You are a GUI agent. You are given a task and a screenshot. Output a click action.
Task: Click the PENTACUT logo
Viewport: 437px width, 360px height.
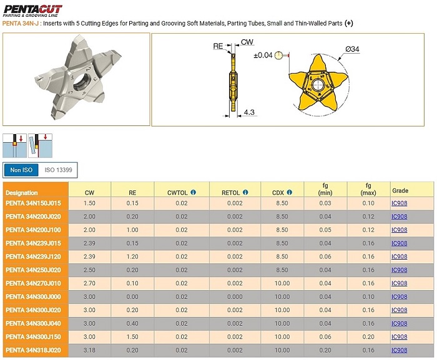(x=32, y=11)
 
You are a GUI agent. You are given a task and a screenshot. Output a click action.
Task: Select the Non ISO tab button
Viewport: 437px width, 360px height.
(x=21, y=170)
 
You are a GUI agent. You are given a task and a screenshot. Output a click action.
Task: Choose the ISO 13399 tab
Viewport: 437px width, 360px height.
(x=58, y=170)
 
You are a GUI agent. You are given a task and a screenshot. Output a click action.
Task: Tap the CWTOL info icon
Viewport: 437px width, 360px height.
(x=194, y=192)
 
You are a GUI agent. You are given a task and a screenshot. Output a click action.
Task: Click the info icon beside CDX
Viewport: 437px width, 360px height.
(x=290, y=192)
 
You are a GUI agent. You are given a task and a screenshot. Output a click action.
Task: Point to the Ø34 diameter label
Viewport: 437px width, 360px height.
(x=352, y=49)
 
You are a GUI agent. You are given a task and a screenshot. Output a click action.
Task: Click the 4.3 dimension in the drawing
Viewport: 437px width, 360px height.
(x=249, y=112)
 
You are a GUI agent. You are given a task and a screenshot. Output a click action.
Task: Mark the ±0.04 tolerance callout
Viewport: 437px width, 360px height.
(x=263, y=55)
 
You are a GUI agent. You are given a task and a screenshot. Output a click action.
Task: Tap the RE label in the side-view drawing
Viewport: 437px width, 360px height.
(x=218, y=46)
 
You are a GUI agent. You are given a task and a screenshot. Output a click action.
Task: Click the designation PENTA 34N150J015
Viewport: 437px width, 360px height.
(x=33, y=203)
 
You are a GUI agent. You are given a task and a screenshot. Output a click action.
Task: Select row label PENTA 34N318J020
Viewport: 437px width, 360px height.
(x=33, y=350)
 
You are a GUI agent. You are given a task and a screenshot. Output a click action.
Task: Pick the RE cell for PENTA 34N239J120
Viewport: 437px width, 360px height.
(x=132, y=256)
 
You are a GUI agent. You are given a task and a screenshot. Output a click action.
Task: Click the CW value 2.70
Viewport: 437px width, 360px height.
(x=89, y=283)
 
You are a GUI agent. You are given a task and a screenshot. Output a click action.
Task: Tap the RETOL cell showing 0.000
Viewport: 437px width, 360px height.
(x=235, y=297)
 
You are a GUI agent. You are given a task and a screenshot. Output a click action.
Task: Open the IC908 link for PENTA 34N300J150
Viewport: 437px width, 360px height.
(x=399, y=337)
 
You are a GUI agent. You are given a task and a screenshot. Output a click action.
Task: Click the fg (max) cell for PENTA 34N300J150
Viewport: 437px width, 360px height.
(x=368, y=337)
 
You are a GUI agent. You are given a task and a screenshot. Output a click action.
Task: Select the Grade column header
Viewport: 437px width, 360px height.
(x=400, y=190)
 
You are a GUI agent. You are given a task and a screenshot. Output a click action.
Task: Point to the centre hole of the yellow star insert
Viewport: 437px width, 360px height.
(x=316, y=85)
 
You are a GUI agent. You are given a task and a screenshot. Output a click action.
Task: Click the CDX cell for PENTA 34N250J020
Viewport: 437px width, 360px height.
(x=282, y=270)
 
